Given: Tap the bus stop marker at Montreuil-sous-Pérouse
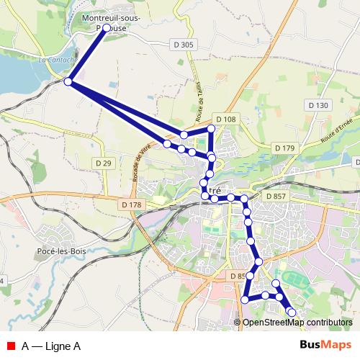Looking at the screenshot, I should (107, 28).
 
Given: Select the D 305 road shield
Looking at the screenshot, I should (184, 45).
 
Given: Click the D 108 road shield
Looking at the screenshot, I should (225, 119).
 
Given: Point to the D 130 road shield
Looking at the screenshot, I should (318, 105).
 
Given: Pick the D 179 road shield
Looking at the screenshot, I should (285, 148).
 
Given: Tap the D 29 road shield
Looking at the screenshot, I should (104, 163).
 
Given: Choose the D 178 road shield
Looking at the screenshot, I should (132, 205).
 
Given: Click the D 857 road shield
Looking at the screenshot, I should (276, 196).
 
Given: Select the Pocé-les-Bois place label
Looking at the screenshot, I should (61, 251).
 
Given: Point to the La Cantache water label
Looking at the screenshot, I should (53, 62).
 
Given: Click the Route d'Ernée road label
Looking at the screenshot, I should (336, 127).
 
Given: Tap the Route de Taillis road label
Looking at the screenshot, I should (200, 102).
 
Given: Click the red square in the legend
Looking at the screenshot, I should (12, 346).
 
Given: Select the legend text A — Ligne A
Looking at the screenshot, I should (51, 346).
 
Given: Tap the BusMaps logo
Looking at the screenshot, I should (325, 345).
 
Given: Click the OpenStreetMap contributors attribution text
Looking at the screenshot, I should (297, 322).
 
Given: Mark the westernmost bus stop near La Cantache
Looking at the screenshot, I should (68, 82).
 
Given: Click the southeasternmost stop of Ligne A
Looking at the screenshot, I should (292, 312).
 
